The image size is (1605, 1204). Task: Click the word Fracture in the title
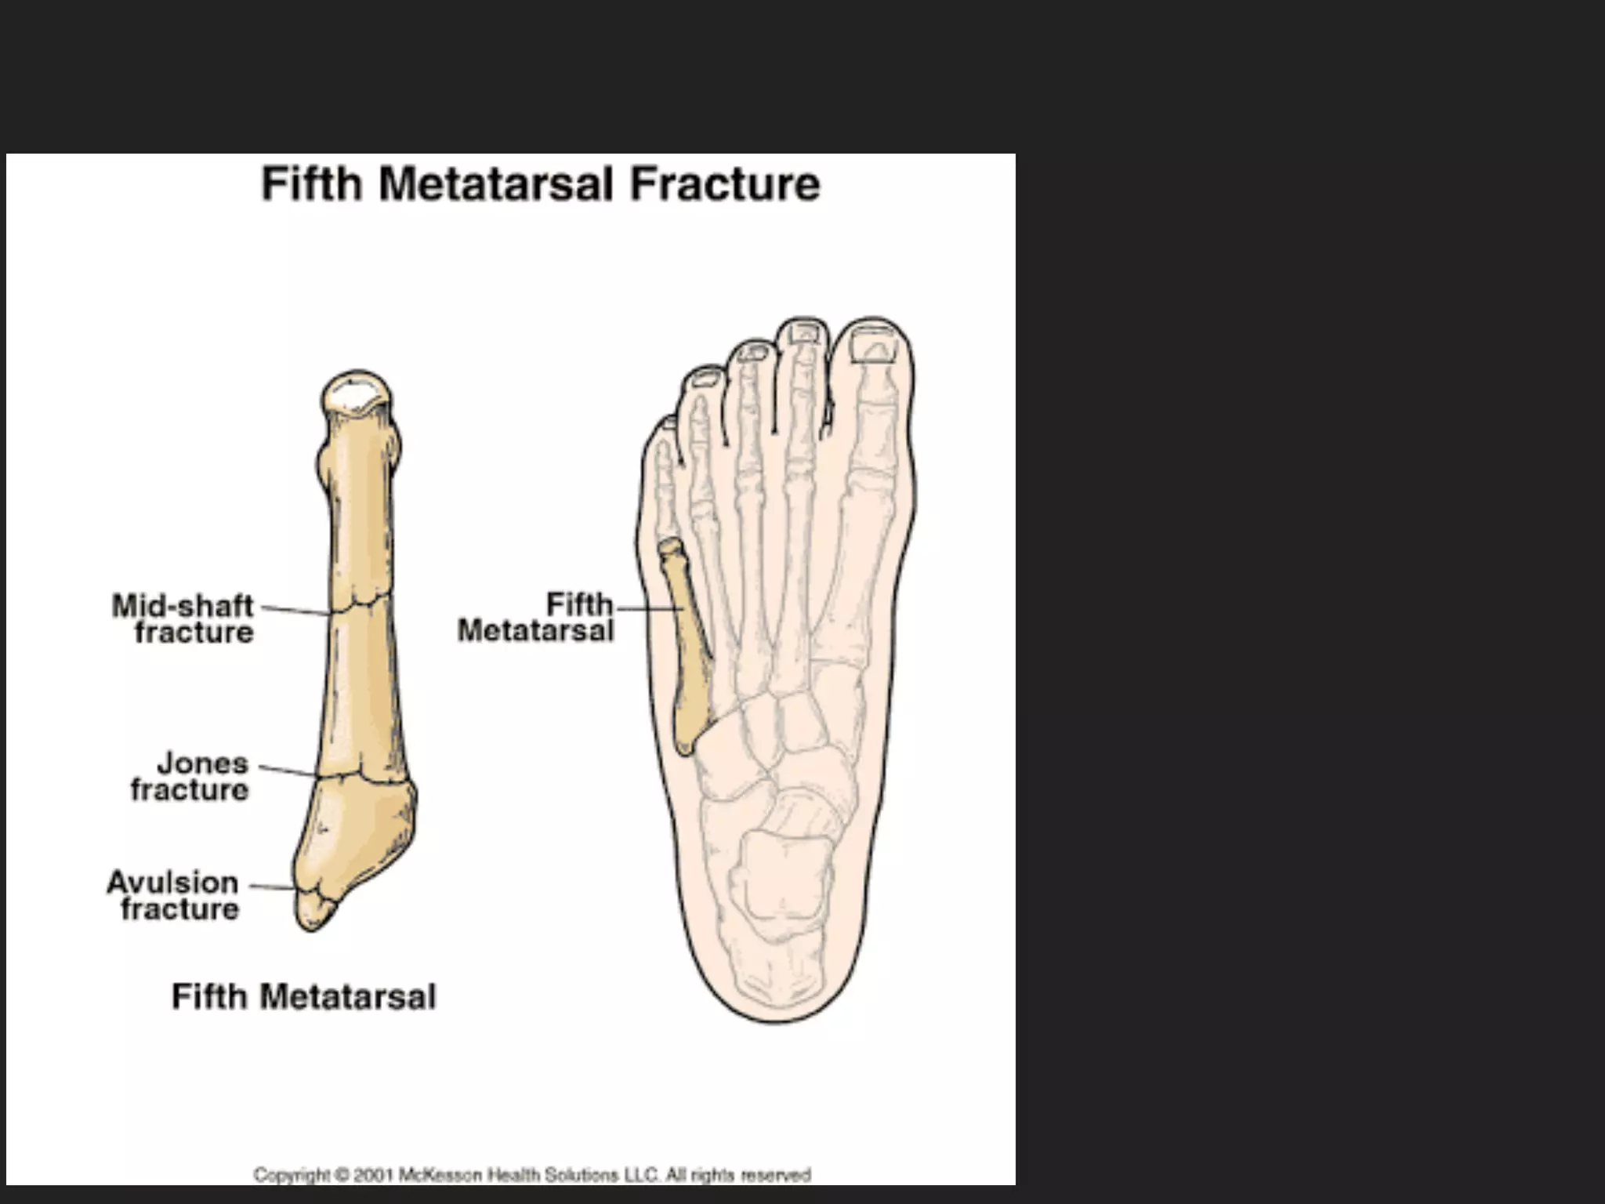coord(725,185)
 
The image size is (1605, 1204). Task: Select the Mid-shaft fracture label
coord(183,618)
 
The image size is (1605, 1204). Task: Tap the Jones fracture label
coord(190,776)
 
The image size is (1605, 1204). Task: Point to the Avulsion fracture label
coord(173,895)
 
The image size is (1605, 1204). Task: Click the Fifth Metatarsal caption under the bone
coord(303,997)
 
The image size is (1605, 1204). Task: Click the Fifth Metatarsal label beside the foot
coord(536,617)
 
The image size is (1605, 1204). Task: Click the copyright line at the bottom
coord(531,1175)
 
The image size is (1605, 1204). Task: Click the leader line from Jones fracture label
coord(288,771)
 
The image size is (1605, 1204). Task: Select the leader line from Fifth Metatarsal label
coord(647,607)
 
